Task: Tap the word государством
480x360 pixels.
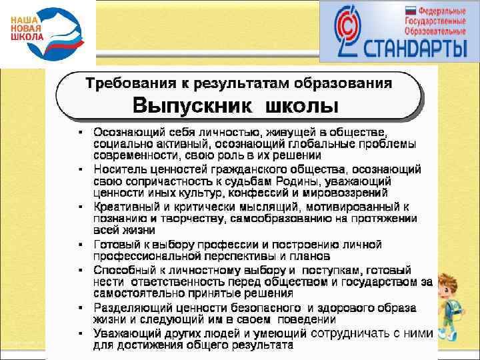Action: coord(383,282)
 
